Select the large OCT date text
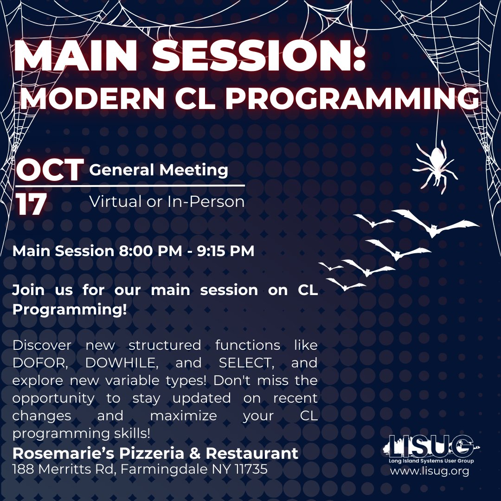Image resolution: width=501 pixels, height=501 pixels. pos(50,170)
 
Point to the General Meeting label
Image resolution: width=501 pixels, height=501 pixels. pos(159,170)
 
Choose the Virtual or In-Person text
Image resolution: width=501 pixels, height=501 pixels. pos(167,202)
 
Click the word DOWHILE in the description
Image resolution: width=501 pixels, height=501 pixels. pos(119,363)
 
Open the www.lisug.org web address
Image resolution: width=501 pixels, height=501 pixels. pos(429,471)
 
